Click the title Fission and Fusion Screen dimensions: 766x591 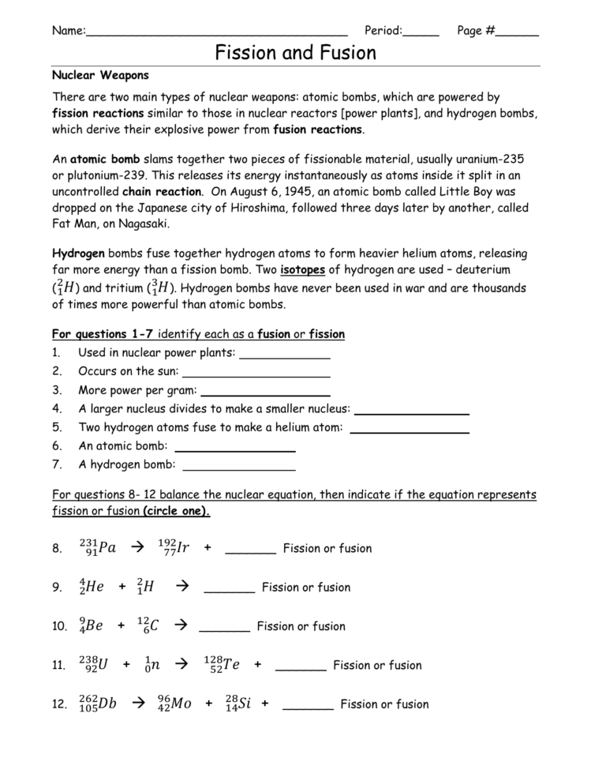(x=296, y=53)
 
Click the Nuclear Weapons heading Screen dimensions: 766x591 (x=100, y=76)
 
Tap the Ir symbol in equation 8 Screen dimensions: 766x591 (x=182, y=548)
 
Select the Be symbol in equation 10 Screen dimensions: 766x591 (x=94, y=626)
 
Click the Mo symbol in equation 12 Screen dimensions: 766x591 (x=181, y=704)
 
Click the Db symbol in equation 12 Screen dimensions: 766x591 (x=107, y=704)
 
